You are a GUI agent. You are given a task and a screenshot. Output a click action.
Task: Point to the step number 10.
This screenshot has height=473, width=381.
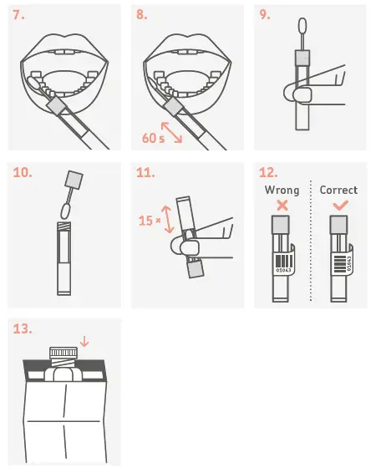coord(24,172)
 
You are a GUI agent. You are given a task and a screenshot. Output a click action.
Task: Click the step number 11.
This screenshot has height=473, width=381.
coord(146,172)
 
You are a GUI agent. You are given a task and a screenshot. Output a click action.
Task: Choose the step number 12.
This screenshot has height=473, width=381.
coord(269,172)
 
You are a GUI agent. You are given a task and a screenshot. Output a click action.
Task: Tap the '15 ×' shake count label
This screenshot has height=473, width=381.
coord(147,221)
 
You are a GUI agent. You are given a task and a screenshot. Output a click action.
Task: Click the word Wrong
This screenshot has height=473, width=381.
coord(282,190)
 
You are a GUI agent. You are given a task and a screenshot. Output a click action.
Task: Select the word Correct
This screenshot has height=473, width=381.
coord(338,190)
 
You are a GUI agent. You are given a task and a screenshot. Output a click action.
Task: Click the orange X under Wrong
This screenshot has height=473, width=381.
coord(282,206)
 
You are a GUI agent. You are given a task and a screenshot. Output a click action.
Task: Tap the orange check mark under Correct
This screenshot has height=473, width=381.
coord(338,206)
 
